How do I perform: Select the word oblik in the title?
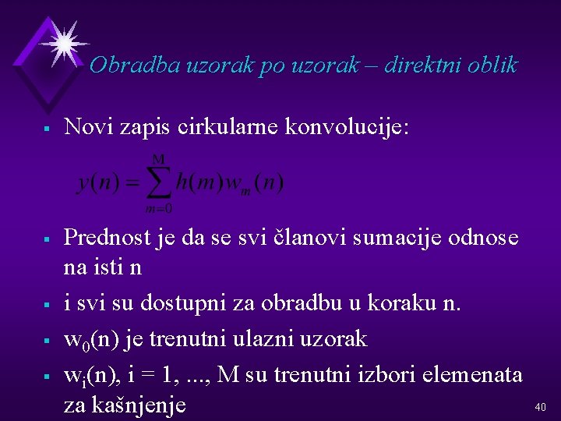[x=493, y=65]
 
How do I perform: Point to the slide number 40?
[x=541, y=406]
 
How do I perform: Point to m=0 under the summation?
[x=158, y=208]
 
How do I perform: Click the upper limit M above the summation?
[x=158, y=159]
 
